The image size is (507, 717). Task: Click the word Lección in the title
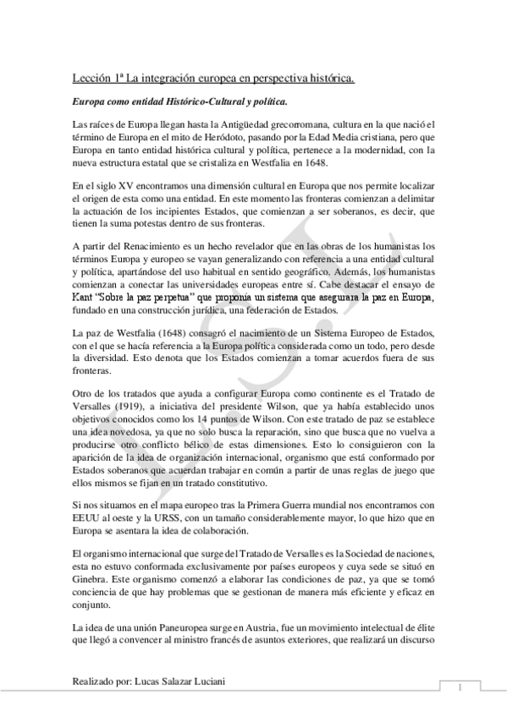click(91, 78)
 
